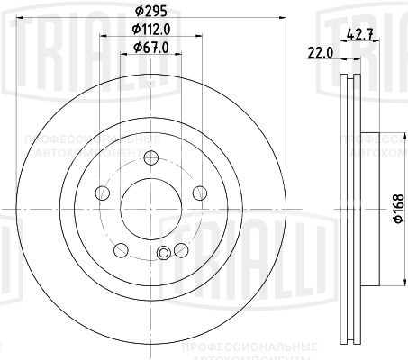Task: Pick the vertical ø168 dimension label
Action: click(x=396, y=212)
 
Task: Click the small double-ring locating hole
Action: click(x=163, y=254)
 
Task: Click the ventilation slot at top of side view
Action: click(x=351, y=85)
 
